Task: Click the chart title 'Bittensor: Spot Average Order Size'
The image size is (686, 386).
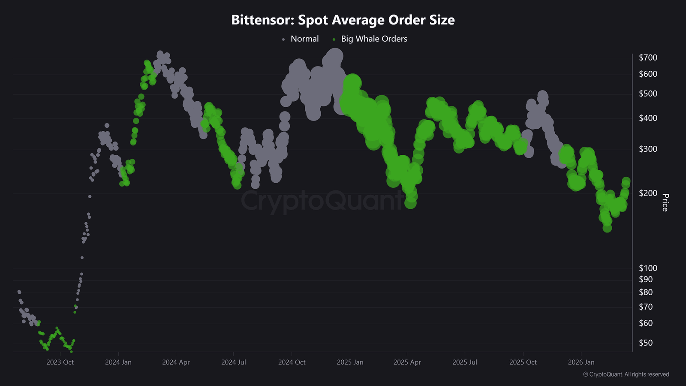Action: click(x=343, y=20)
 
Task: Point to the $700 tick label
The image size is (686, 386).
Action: click(x=648, y=57)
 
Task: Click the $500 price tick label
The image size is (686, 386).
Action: click(x=648, y=93)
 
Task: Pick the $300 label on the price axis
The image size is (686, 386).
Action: click(x=648, y=149)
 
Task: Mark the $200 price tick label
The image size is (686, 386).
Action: click(x=648, y=193)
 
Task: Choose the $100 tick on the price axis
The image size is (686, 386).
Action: click(x=648, y=268)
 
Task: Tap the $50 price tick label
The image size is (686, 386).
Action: click(x=646, y=343)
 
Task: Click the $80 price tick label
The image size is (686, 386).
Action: click(x=646, y=292)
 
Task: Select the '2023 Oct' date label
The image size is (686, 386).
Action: click(x=60, y=362)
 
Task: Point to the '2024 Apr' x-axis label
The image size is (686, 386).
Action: click(x=176, y=362)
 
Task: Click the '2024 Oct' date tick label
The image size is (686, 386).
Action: click(x=292, y=362)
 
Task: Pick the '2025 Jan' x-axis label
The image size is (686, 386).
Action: click(x=350, y=362)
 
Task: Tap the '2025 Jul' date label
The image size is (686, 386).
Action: click(x=465, y=362)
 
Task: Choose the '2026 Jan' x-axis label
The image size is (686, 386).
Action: click(x=581, y=362)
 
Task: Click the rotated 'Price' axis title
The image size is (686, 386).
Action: click(x=665, y=202)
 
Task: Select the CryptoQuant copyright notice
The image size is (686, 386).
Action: click(x=626, y=374)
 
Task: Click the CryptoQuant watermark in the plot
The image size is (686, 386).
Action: click(x=322, y=201)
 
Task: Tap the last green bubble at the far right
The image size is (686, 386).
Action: click(x=626, y=182)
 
